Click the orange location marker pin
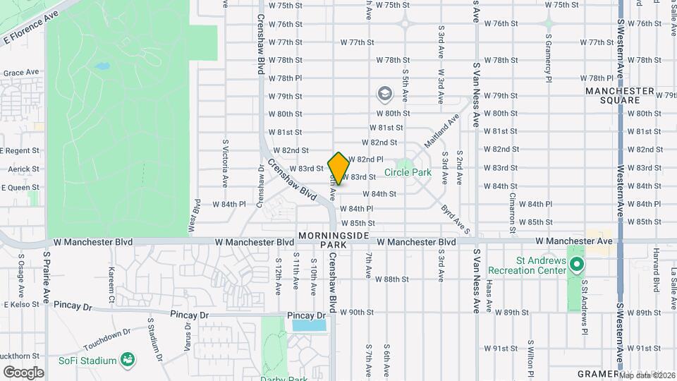coord(338,168)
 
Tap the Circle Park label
coord(408,172)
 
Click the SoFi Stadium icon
coord(128,361)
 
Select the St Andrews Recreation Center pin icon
coord(577,265)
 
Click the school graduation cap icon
coord(384,94)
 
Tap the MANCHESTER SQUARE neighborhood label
coord(620,96)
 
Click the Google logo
coord(23,372)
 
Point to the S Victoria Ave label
coord(225,162)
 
